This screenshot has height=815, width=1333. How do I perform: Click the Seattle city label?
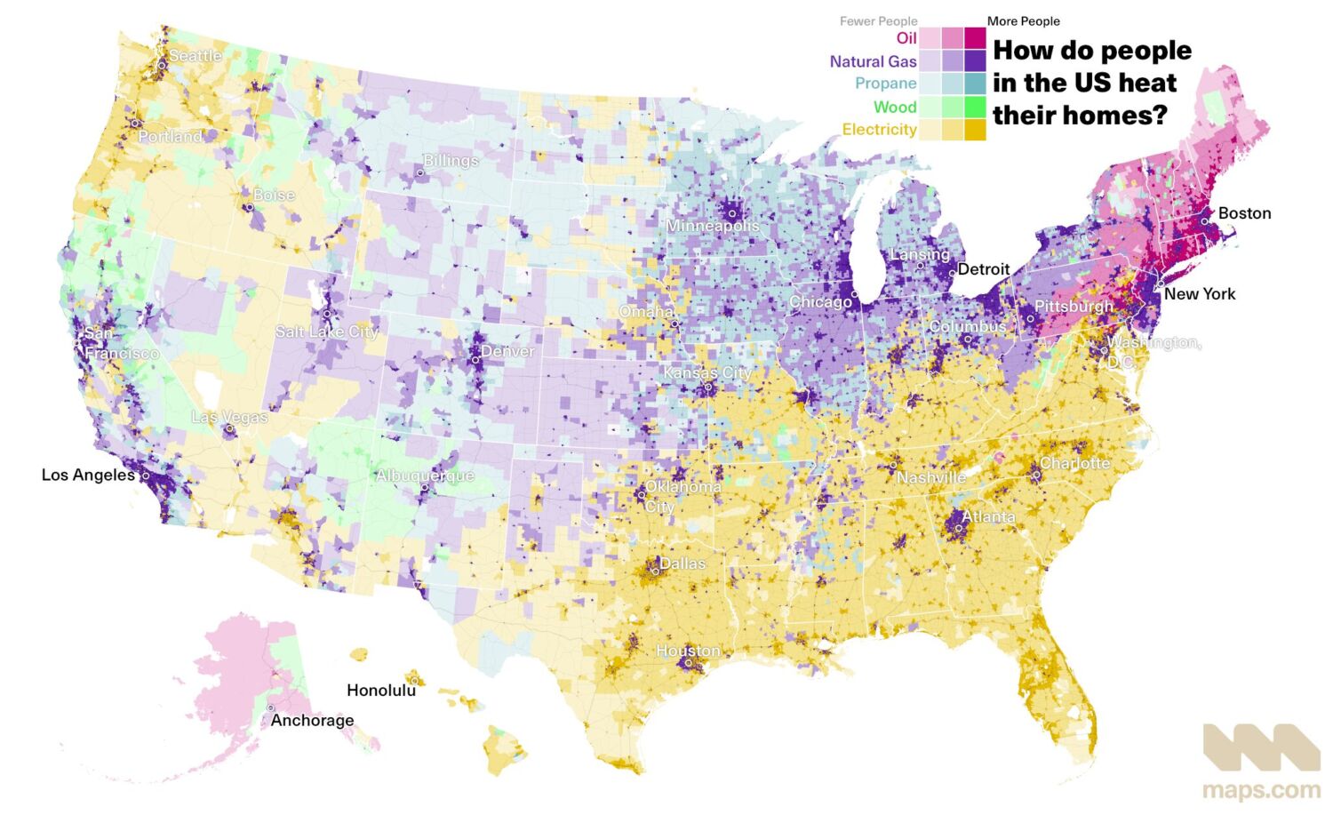pos(196,56)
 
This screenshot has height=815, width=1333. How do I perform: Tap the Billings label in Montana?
pos(451,161)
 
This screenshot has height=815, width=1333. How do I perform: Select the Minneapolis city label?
pos(713,226)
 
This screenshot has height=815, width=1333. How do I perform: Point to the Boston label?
pos(1244,213)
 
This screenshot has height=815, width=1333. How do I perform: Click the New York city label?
pos(1199,294)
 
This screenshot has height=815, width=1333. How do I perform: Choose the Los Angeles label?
pos(88,475)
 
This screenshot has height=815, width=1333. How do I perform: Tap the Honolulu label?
pos(381,690)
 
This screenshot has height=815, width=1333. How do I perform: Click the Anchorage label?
pos(312,720)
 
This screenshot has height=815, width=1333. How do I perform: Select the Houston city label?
pos(688,651)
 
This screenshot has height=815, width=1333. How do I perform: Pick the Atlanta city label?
pos(988,516)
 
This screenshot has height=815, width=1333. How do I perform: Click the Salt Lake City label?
pos(326,332)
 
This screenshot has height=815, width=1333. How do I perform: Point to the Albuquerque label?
pos(425,475)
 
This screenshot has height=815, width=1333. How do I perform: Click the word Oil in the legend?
pos(906,38)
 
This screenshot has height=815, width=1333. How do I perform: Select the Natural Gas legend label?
pos(873,61)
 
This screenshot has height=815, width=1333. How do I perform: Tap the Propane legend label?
pos(885,84)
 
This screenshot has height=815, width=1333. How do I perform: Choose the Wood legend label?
pos(894,107)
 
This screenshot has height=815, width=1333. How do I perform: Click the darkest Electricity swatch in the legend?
pos(975,130)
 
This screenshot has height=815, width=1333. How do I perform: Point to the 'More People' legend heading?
pos(1023,21)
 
